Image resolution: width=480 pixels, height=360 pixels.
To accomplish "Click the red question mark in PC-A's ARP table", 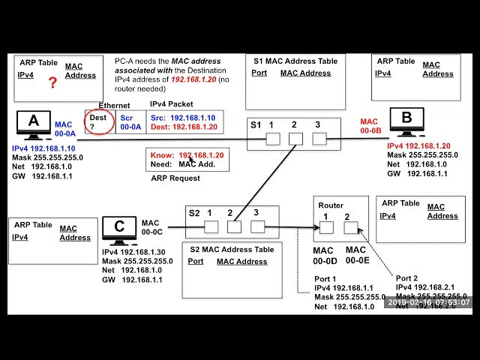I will (x=52, y=82).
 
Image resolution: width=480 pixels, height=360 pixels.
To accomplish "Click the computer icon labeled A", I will (x=33, y=125).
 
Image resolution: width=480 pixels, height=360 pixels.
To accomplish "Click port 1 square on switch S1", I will (x=272, y=139).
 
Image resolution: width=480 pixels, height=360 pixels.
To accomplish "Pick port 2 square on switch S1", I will (x=295, y=139).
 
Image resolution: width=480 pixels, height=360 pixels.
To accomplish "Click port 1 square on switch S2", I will (x=211, y=226).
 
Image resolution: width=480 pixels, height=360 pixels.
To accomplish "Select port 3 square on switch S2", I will (x=257, y=226).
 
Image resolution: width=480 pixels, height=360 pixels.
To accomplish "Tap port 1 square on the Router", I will (x=326, y=227).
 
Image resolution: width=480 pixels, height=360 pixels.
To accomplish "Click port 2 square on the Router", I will (x=350, y=227).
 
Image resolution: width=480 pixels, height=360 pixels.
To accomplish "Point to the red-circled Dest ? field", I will (x=98, y=122).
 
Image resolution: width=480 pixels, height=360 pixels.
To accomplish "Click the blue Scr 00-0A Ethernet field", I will (x=130, y=122).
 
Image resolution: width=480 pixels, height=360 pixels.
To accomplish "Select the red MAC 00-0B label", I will (x=370, y=126).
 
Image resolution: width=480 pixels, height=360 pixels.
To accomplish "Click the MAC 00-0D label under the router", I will (x=323, y=255).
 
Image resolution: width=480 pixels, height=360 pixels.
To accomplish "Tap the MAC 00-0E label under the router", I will (x=355, y=255).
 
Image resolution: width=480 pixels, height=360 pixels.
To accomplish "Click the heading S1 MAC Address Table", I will (x=295, y=61).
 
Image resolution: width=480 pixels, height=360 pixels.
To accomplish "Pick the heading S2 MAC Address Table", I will (x=232, y=249).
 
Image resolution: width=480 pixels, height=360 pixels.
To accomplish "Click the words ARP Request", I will (x=175, y=178).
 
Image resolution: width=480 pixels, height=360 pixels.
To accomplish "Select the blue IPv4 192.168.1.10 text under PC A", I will (x=43, y=148).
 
